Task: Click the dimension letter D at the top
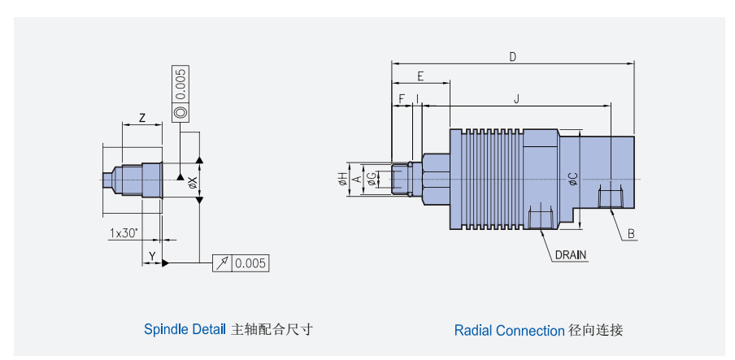(513, 57)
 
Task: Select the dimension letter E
(420, 76)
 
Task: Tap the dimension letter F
(402, 98)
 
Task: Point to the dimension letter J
(517, 98)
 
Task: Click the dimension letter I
(418, 98)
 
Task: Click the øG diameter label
(371, 179)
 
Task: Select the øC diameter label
(572, 179)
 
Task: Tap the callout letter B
(631, 234)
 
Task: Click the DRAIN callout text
(571, 254)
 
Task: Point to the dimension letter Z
(142, 118)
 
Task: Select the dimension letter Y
(151, 256)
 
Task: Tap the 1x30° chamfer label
(124, 233)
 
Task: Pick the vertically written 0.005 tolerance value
(180, 84)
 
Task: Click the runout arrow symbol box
(222, 262)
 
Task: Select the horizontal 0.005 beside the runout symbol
(250, 262)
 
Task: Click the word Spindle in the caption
(166, 329)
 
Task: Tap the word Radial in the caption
(473, 331)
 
